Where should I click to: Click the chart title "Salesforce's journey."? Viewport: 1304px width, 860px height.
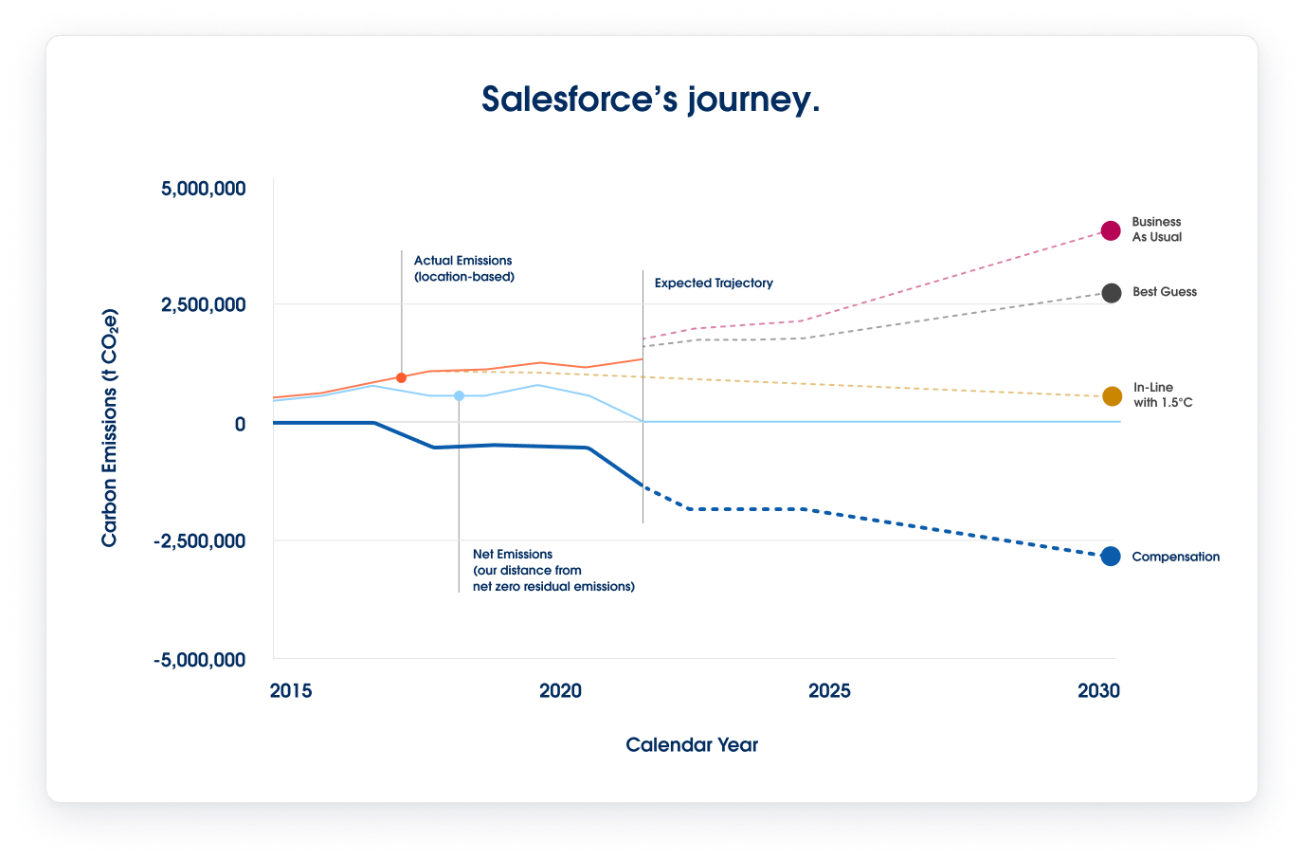click(650, 100)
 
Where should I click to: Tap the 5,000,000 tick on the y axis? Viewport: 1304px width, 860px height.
click(204, 189)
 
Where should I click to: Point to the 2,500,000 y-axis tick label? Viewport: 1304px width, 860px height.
click(204, 305)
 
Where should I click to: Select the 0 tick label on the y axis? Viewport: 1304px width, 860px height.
click(240, 424)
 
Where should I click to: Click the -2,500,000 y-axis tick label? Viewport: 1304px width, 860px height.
click(200, 541)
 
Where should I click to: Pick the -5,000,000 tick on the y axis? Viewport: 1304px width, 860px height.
click(200, 660)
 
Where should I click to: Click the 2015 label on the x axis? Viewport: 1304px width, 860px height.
click(290, 691)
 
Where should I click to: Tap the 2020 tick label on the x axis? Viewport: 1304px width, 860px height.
click(560, 691)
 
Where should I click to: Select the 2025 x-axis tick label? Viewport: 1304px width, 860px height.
click(829, 691)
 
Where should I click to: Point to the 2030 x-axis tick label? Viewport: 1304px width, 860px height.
click(1098, 691)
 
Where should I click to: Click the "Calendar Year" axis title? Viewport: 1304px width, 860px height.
click(692, 745)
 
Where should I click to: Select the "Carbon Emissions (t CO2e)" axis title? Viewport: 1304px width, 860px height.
click(110, 428)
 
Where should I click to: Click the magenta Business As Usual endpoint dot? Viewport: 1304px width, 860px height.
click(1111, 230)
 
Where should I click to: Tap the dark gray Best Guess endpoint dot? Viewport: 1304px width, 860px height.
click(1112, 293)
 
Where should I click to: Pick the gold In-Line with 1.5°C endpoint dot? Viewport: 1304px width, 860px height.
click(1112, 396)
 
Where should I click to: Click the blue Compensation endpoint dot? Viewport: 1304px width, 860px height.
click(1111, 557)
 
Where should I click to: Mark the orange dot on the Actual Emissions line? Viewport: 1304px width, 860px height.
click(401, 377)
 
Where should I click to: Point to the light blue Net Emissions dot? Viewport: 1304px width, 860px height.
click(459, 395)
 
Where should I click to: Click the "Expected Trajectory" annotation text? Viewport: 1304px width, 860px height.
click(714, 284)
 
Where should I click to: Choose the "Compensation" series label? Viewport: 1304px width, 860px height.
click(1175, 558)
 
